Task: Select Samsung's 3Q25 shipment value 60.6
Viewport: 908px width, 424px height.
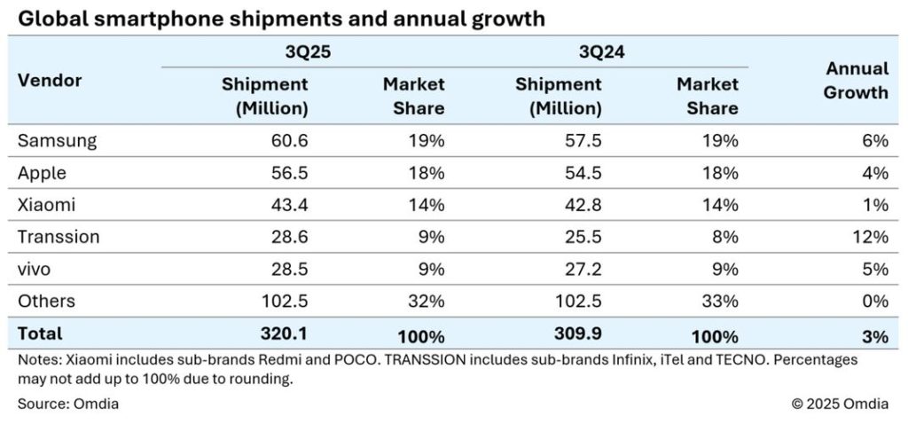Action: (x=290, y=140)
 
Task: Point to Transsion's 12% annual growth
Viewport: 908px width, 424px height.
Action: (x=872, y=237)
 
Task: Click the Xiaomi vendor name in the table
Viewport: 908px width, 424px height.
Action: (x=46, y=205)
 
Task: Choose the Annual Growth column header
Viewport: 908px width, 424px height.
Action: (x=856, y=81)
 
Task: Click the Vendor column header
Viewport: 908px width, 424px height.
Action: (x=50, y=81)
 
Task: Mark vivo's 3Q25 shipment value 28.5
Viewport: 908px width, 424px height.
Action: (x=290, y=269)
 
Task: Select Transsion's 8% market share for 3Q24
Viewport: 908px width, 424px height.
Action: (x=726, y=237)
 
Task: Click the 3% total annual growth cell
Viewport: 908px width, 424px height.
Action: (x=875, y=334)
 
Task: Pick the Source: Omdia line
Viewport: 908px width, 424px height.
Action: (x=67, y=404)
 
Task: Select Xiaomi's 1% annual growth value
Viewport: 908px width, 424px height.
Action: (x=875, y=205)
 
